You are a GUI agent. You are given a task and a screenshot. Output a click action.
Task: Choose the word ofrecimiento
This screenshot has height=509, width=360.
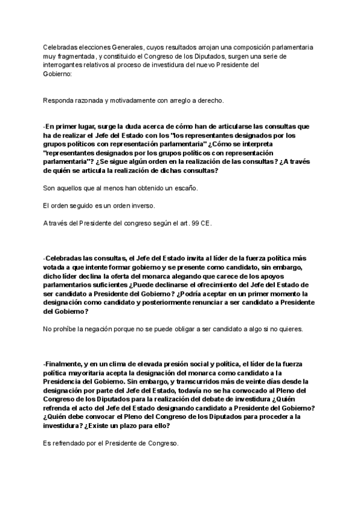[x=225, y=284]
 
